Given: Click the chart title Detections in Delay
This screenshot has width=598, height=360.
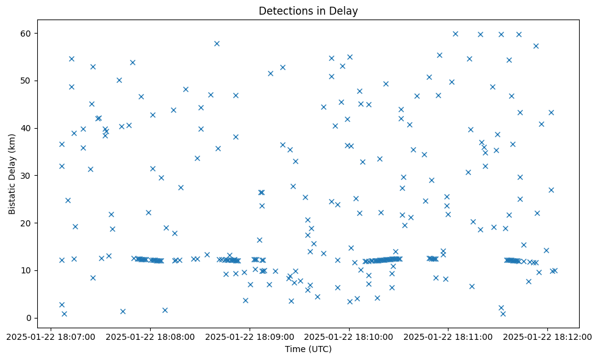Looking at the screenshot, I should pos(308,11).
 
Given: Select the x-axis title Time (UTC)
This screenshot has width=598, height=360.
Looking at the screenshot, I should pos(308,349).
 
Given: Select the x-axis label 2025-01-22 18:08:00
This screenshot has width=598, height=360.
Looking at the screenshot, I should pos(150,336).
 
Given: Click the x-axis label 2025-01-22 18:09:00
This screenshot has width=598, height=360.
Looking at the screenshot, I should pos(250,336).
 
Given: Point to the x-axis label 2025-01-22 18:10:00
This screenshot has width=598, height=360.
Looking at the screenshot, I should pos(349,336).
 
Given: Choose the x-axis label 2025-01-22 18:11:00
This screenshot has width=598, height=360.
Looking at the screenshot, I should pos(448,336).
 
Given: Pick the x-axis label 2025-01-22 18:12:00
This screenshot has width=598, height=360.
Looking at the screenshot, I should pos(548,336).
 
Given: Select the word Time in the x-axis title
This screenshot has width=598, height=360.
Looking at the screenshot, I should pos(295,349).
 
